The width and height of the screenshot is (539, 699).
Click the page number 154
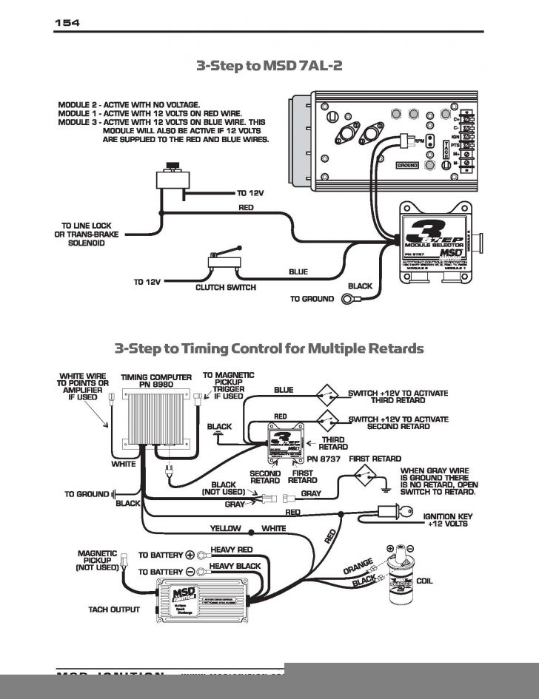(67, 23)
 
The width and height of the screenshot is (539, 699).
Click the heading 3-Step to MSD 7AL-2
(269, 66)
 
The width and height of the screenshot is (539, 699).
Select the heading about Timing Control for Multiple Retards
(269, 348)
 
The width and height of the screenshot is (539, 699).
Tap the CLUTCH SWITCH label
(226, 287)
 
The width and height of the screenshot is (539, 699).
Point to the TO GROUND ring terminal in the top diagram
(347, 300)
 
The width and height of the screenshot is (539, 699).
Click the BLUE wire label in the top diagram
(298, 272)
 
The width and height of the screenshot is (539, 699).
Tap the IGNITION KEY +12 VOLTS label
(446, 520)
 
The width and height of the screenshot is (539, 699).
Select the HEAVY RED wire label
(232, 550)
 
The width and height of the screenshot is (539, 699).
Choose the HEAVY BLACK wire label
(235, 566)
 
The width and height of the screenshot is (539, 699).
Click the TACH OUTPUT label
(114, 610)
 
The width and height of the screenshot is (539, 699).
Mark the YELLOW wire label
(226, 529)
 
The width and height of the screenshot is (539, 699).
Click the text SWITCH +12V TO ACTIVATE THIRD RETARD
(398, 396)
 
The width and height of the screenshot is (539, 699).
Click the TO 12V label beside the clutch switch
(147, 282)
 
